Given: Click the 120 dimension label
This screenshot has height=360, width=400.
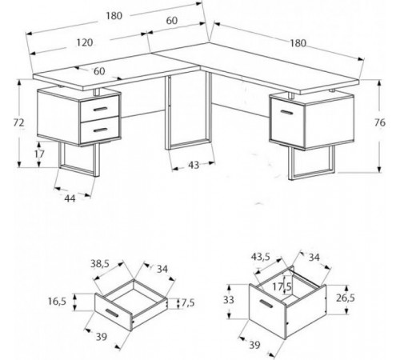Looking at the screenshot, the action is pos(85,42).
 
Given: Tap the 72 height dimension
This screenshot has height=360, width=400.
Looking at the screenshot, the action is pos(18,122).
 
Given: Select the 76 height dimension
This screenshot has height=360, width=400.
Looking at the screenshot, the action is pos(380,122).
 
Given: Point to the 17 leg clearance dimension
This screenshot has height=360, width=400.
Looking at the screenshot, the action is pos(39,154).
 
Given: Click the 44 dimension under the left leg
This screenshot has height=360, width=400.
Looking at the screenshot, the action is pos(70,198).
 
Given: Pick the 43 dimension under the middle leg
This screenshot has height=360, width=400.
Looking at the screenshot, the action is pos(194,166).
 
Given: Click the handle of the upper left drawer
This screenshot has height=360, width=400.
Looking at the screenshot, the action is pos(100,109).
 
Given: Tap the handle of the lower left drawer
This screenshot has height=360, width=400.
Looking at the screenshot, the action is pos(100,130).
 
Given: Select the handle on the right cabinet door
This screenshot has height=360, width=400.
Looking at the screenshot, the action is pos(286,112).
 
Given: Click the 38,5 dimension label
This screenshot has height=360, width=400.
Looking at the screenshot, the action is pos(100,264).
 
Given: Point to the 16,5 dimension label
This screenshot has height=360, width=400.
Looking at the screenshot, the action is pos(57,302).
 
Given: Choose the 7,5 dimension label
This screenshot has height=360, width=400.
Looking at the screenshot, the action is pos(188,303).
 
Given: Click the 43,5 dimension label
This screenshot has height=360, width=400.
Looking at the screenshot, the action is pos(261,257).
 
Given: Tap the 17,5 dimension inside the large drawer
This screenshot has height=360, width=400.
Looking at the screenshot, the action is pos(282,287).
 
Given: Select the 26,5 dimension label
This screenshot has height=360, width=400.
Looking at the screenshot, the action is pos(346,298).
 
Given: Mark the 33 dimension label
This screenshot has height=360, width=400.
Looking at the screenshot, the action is pos(229,300).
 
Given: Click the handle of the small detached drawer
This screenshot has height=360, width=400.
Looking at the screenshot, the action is pos(112,313).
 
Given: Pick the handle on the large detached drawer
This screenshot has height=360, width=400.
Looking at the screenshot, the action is pos(266,303).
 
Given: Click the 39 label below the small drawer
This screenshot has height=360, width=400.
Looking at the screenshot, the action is pos(102,337).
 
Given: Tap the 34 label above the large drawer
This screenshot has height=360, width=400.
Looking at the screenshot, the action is pos(314,258).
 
